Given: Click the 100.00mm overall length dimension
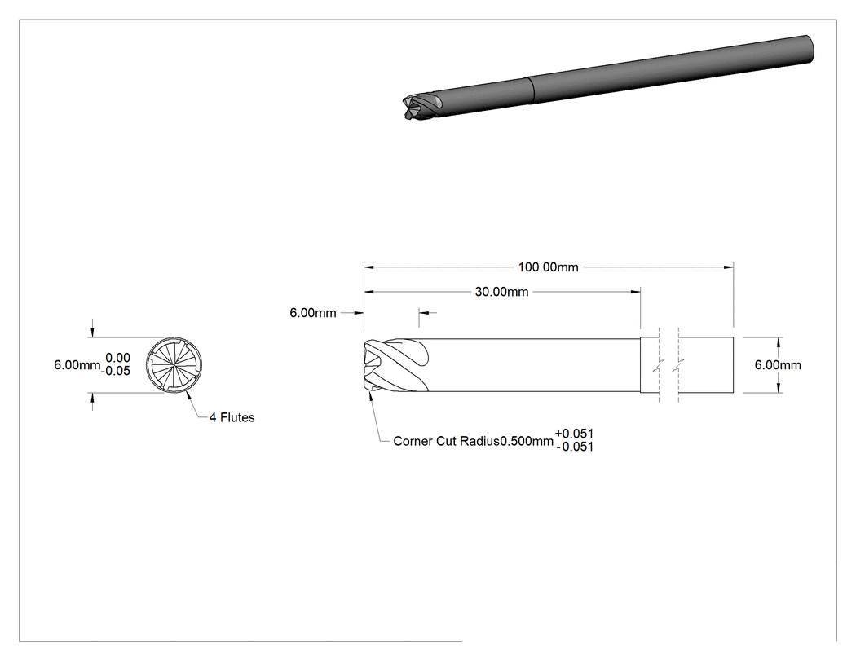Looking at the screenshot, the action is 548,267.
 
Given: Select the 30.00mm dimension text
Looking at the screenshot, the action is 501,292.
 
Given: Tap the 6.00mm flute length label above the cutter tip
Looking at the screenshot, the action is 313,313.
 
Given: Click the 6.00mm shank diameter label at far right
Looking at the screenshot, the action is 778,365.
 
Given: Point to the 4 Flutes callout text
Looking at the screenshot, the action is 232,417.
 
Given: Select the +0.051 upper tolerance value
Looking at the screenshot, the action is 574,434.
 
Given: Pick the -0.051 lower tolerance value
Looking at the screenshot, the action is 575,447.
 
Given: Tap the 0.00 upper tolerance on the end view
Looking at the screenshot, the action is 118,358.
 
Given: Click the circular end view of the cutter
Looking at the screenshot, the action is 174,364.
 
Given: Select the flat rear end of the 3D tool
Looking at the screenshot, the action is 810,48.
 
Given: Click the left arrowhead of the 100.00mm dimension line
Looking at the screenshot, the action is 368,267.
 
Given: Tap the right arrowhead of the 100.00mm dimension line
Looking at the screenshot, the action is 729,267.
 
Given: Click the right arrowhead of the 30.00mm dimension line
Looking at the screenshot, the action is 635,292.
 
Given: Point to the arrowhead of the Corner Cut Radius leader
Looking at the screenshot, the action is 371,397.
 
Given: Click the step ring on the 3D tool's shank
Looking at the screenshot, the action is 530,90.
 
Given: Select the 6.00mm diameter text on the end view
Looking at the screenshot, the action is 77,364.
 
